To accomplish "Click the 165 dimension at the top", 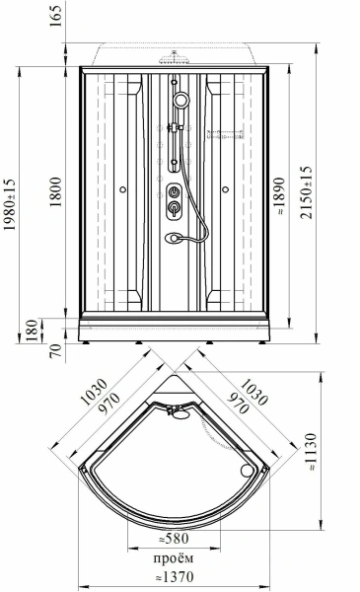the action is click(x=55, y=16).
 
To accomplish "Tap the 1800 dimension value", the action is click(x=55, y=191).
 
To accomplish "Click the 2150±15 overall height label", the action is click(x=307, y=192).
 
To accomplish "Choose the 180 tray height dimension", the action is click(x=33, y=331).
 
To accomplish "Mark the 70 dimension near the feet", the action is click(x=55, y=351).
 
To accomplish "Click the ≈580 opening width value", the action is click(x=174, y=539).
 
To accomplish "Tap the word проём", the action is click(x=174, y=557).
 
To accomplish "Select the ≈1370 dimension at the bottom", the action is click(x=175, y=576).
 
